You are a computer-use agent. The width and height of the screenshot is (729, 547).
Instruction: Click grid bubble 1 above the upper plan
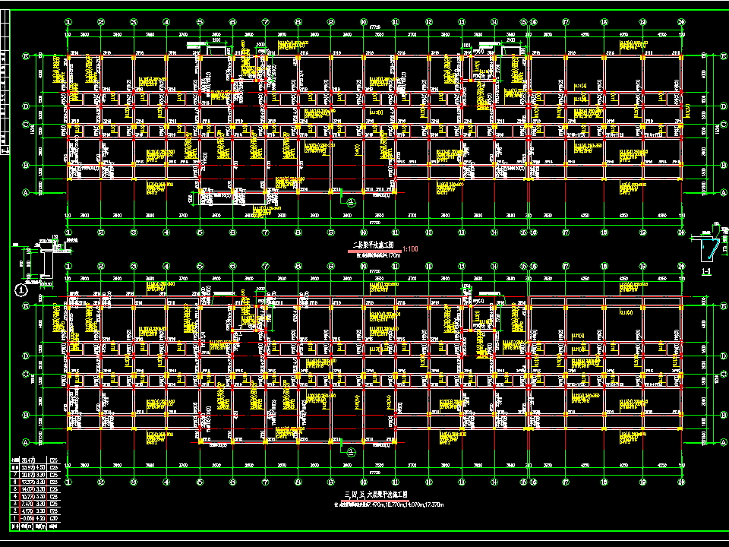[68, 23]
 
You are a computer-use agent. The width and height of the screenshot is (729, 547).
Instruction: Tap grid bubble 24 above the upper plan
[681, 23]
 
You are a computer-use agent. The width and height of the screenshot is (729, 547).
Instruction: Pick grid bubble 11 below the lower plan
[396, 481]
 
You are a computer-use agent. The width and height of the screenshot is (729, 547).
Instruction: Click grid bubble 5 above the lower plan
[200, 266]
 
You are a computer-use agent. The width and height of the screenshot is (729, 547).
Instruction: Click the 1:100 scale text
[411, 248]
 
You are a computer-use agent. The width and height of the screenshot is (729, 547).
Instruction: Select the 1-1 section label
[705, 271]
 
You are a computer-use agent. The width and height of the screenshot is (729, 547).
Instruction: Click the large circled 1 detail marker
[21, 289]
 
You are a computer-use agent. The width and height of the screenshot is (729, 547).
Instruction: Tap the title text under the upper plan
[374, 245]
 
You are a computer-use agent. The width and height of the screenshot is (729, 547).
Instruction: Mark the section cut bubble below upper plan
[351, 203]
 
